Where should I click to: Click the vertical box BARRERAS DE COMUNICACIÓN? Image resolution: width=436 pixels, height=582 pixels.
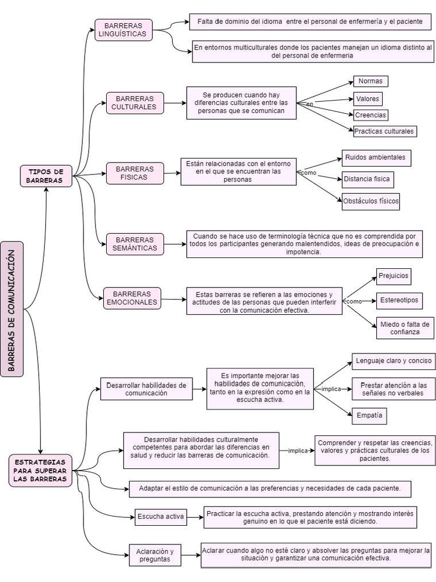pyautogui.click(x=12, y=309)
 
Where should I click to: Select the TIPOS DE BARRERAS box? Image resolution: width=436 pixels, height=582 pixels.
pyautogui.click(x=46, y=176)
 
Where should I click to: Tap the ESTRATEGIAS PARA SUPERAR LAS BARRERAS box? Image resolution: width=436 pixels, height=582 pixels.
pyautogui.click(x=40, y=471)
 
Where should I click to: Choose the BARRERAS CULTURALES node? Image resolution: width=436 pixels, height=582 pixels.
pyautogui.click(x=135, y=103)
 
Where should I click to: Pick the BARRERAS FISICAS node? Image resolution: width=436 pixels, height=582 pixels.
pyautogui.click(x=135, y=173)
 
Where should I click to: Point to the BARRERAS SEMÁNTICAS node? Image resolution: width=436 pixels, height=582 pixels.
pyautogui.click(x=135, y=244)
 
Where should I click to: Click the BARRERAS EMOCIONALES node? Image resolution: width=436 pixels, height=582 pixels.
pyautogui.click(x=132, y=298)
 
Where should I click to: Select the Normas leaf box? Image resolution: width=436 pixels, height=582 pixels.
pyautogui.click(x=370, y=81)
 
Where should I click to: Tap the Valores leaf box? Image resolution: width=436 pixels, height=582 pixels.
pyautogui.click(x=367, y=99)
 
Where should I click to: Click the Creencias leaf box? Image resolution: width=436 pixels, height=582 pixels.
pyautogui.click(x=370, y=115)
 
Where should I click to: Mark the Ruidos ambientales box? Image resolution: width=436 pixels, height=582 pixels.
pyautogui.click(x=375, y=157)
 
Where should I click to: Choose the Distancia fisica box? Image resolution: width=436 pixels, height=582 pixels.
pyautogui.click(x=367, y=179)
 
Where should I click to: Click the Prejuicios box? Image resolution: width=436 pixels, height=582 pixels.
pyautogui.click(x=393, y=277)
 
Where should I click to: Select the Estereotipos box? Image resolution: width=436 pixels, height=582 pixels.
pyautogui.click(x=399, y=300)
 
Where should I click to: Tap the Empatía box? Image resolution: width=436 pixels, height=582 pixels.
pyautogui.click(x=369, y=415)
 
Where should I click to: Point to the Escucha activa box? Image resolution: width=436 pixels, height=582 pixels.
pyautogui.click(x=160, y=517)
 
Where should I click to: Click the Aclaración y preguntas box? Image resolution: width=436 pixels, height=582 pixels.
pyautogui.click(x=155, y=555)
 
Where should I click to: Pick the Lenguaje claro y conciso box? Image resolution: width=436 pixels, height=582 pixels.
pyautogui.click(x=393, y=361)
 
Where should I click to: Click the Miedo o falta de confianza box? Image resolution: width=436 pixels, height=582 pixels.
pyautogui.click(x=404, y=328)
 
